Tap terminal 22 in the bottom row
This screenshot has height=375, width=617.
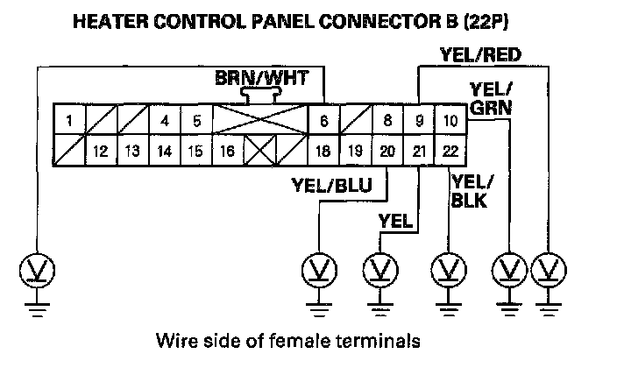click(450, 151)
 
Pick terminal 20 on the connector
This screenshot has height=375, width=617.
click(387, 151)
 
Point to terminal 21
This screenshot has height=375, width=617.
click(419, 151)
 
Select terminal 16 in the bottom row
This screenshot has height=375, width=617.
click(227, 151)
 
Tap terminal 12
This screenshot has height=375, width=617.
click(100, 151)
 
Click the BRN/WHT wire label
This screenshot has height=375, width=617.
click(261, 79)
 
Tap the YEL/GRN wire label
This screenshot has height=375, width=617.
click(491, 97)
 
